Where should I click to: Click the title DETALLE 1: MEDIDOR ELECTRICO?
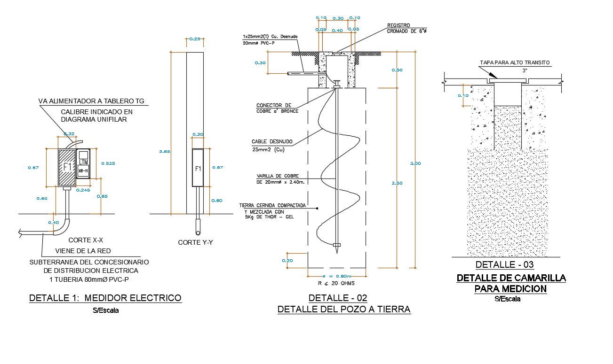tap(105, 298)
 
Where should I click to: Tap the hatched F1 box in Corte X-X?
tap(66, 167)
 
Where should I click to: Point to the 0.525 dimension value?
tap(108, 163)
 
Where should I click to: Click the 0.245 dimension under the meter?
tap(83, 190)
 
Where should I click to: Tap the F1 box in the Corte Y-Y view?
tap(198, 168)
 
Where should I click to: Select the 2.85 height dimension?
tap(164, 151)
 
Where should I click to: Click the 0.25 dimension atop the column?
tap(195, 39)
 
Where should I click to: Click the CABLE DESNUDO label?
tap(272, 141)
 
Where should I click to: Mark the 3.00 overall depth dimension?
tap(415, 163)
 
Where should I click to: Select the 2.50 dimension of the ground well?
tap(397, 183)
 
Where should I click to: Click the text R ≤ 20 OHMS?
tap(336, 283)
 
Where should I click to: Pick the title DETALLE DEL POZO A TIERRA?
tap(344, 309)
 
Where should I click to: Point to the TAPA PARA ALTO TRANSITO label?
tap(514, 62)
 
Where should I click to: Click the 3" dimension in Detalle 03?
tap(525, 70)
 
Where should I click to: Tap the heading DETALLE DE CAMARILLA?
tap(511, 278)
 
